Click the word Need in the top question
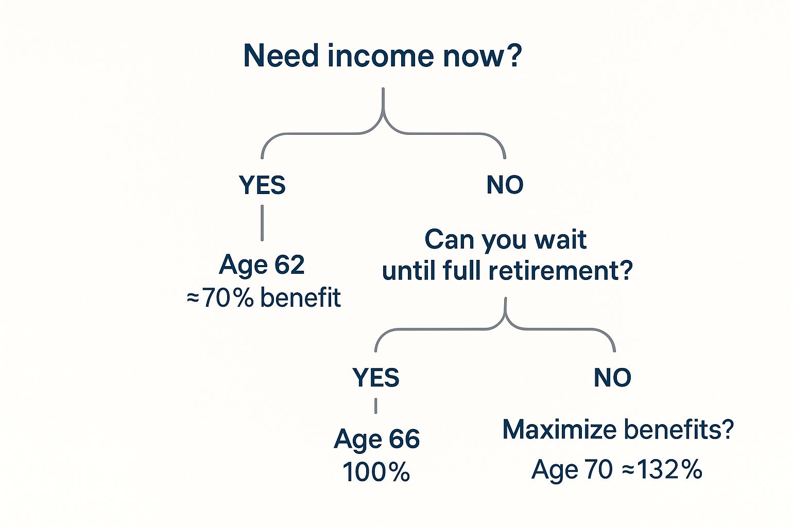281,56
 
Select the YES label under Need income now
262,185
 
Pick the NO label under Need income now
505,185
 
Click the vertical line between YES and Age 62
262,223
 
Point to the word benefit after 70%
301,297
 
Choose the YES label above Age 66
376,377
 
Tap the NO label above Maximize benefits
613,377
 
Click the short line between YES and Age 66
376,406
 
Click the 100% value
376,471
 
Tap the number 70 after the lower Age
598,469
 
